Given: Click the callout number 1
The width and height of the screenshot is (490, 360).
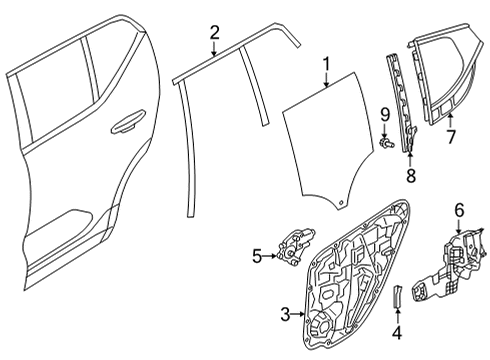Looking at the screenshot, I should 325,68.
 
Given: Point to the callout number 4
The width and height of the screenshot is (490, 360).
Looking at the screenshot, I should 396,332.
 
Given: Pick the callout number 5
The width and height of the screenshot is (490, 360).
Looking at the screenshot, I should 257,257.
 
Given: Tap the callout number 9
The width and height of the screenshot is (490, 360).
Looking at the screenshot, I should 384,123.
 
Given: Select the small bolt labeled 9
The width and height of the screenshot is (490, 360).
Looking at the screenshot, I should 385,146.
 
